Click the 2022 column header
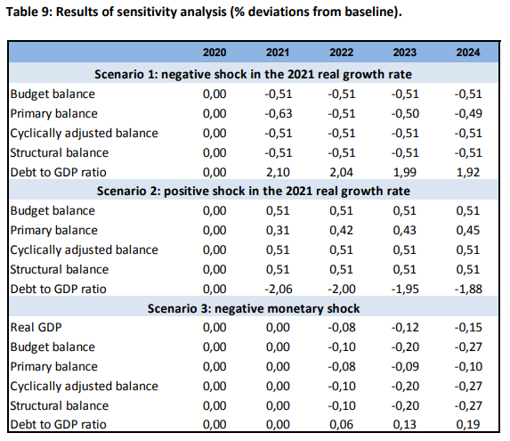341,53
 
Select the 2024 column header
467,53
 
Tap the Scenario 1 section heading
253,74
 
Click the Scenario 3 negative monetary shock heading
254,308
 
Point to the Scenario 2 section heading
254,191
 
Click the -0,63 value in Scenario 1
279,113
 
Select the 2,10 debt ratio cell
278,172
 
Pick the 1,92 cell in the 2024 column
468,172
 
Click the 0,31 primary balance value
278,231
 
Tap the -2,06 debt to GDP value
279,289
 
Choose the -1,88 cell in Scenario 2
468,289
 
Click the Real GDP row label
36,328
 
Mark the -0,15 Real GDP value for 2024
468,328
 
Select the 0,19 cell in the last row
468,424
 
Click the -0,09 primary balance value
405,366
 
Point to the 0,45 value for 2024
468,231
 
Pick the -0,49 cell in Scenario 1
468,113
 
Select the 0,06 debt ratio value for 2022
341,424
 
